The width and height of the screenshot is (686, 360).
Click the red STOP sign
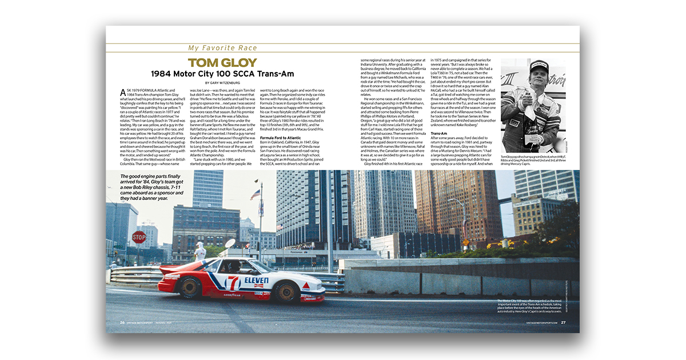click(139, 237)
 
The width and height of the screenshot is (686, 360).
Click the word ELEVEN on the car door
click(256, 281)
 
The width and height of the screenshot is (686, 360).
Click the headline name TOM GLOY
click(222, 63)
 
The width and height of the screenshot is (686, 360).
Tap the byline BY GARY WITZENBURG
click(222, 83)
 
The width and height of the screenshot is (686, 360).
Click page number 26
click(122, 322)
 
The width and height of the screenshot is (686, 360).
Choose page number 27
click(563, 322)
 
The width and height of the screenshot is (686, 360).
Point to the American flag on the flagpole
click(255, 194)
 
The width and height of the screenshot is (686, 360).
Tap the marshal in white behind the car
click(200, 251)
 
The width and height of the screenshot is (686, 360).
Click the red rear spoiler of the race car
click(169, 267)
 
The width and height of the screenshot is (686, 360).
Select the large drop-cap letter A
click(123, 93)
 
